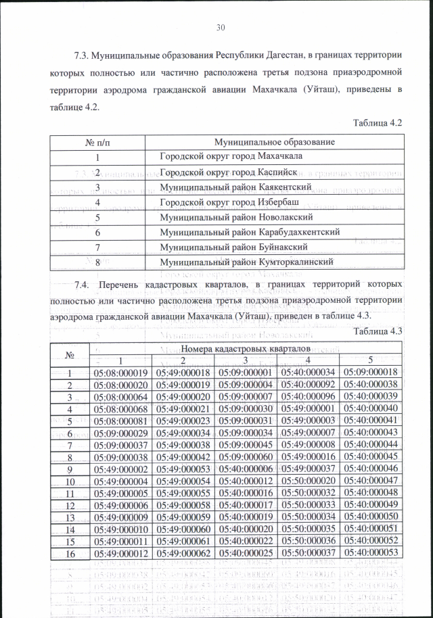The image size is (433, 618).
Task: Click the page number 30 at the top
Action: (x=220, y=28)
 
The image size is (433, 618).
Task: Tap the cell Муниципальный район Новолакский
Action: (x=235, y=217)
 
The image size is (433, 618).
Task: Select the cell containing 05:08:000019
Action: (x=121, y=373)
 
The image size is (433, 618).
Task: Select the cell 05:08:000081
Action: (x=121, y=421)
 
